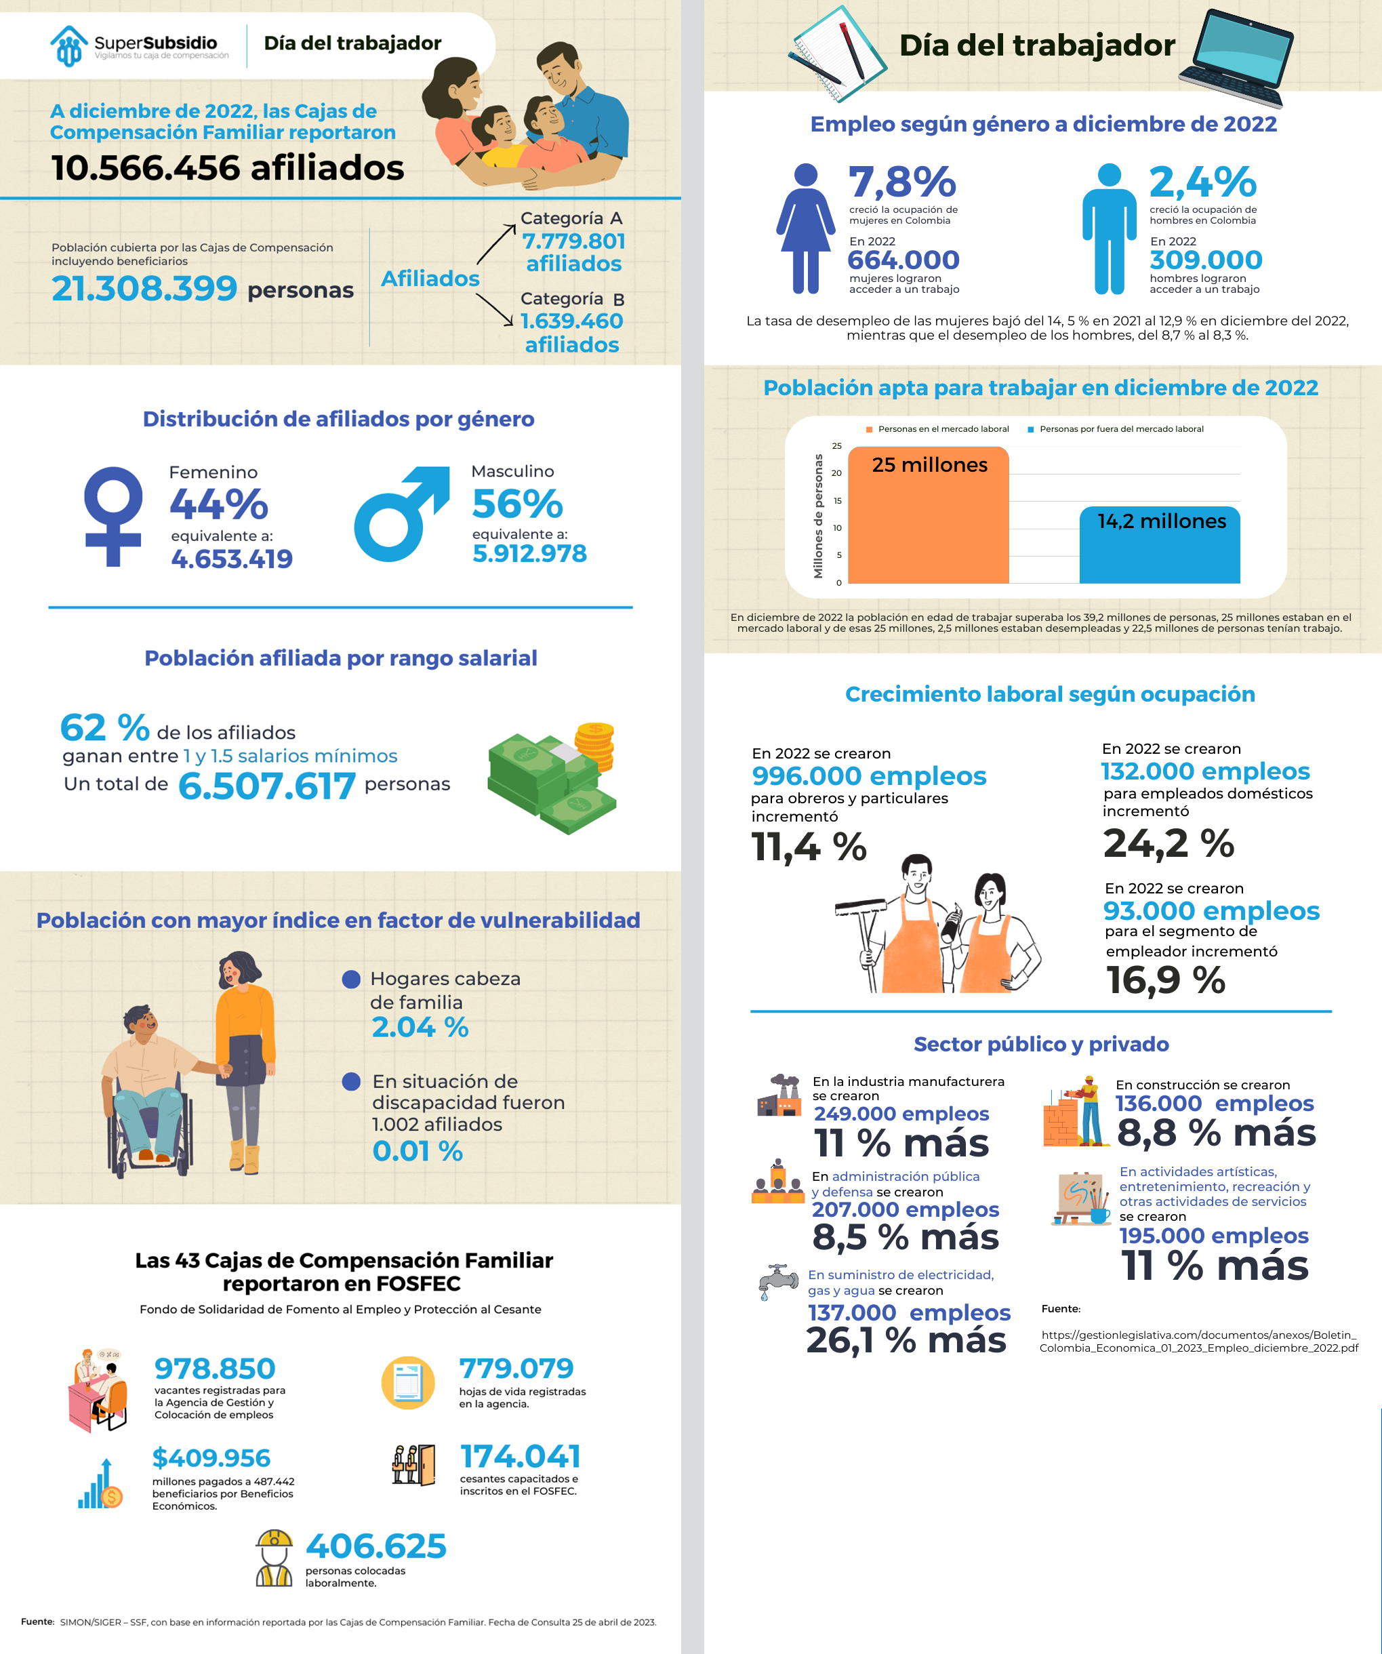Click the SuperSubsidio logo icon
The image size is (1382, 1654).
[x=68, y=45]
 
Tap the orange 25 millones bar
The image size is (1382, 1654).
[x=929, y=520]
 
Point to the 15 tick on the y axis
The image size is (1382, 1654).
[x=837, y=501]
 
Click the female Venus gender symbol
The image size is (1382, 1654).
[x=113, y=516]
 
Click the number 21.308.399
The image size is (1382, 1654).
[x=144, y=289]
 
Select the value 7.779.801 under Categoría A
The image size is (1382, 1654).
[x=573, y=241]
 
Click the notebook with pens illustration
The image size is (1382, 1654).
[x=836, y=54]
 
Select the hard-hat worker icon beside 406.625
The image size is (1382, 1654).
[x=274, y=1558]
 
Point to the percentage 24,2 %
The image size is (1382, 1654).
[x=1168, y=843]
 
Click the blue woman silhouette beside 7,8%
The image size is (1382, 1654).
[x=806, y=228]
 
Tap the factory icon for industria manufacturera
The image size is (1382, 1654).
[x=779, y=1095]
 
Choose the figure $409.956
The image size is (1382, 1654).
[x=211, y=1458]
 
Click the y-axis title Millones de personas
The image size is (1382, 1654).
[x=818, y=516]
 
